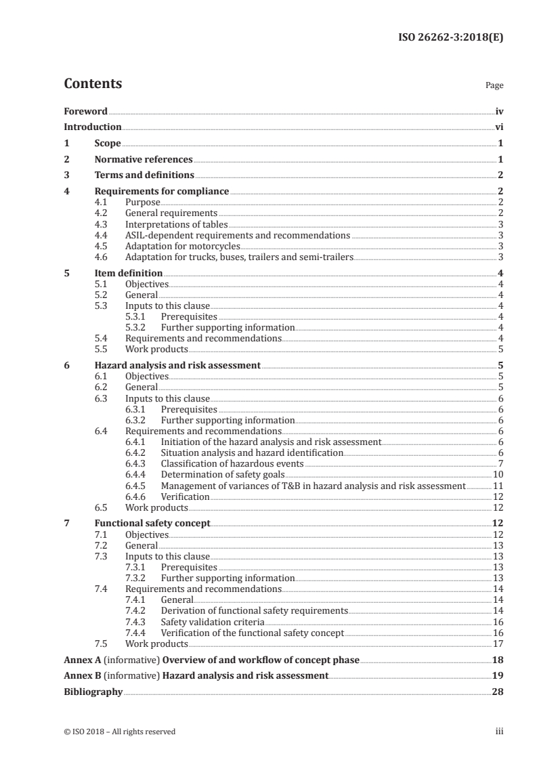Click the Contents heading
[93, 84]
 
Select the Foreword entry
[85, 111]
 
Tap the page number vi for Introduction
[498, 127]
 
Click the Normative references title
[144, 160]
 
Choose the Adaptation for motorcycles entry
[183, 246]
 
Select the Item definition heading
[128, 273]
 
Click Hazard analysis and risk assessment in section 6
[177, 365]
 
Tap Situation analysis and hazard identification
[252, 452]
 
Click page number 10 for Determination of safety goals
[498, 474]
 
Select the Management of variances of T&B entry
[313, 486]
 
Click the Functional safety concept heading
[152, 524]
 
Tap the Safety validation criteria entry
[213, 622]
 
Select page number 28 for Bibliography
[498, 692]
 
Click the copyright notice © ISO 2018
[119, 732]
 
